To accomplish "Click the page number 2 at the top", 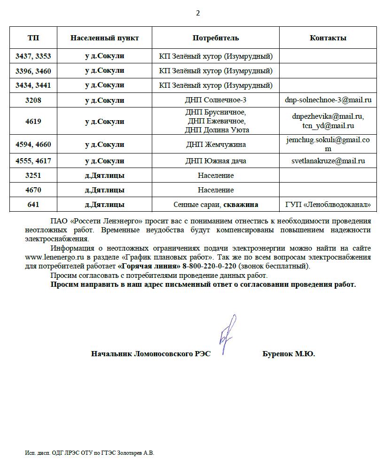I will (x=197, y=13).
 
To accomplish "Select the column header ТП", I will (x=33, y=38).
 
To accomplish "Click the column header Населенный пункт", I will (x=104, y=38).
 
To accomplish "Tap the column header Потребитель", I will (x=216, y=38).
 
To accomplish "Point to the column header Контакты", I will (x=328, y=38).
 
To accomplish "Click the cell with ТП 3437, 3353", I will (x=33, y=56).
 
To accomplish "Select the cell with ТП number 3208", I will (x=33, y=100).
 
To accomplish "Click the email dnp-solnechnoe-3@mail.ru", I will (x=328, y=100).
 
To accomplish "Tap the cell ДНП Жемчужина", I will (x=216, y=145).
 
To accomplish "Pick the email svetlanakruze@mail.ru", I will (x=328, y=161).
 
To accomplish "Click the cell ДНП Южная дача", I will (x=216, y=161).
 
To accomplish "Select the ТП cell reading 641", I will (x=33, y=205).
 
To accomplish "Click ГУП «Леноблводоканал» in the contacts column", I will (x=328, y=205).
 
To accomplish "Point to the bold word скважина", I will (x=241, y=205).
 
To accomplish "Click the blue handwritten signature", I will (x=227, y=334).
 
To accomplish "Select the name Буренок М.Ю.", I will (x=288, y=354).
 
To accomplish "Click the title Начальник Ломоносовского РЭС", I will (x=151, y=354).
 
